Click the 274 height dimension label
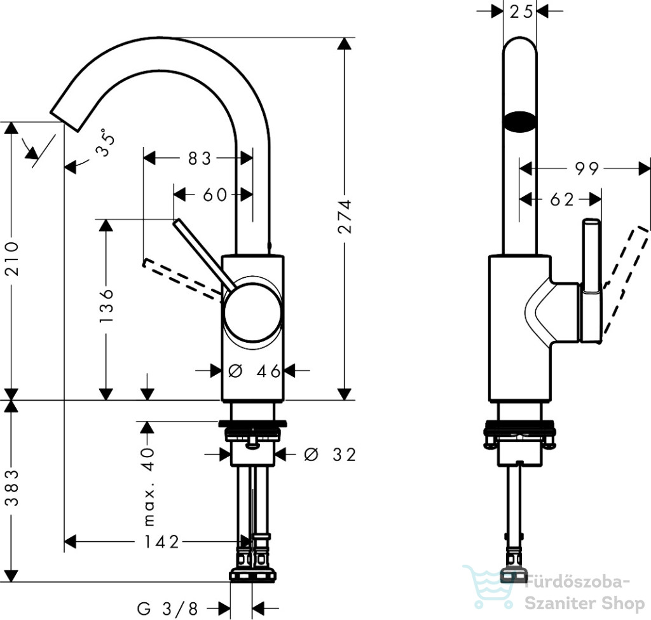click(345, 216)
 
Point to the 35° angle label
click(105, 142)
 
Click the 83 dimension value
click(200, 158)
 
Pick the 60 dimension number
click(215, 195)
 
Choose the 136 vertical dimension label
click(106, 306)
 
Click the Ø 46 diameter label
click(254, 371)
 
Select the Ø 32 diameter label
click(330, 455)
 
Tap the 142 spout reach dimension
click(161, 542)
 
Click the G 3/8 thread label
click(168, 609)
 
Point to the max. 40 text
click(148, 486)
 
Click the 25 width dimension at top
click(521, 11)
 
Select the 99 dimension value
click(587, 169)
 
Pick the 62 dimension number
click(562, 200)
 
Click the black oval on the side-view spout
click(520, 122)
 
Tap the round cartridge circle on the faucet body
click(253, 312)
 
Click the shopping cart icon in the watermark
click(488, 586)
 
